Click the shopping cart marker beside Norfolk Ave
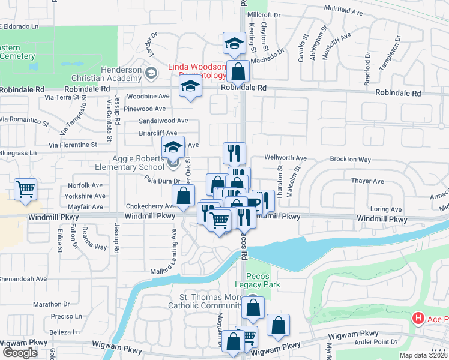[x=26, y=190]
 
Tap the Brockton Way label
[x=350, y=160]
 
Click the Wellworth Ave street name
[x=286, y=158]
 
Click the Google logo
[x=19, y=353]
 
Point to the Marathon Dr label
[x=52, y=304]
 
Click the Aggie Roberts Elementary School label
[x=129, y=163]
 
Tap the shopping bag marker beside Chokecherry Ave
[x=183, y=195]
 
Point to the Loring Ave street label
[x=385, y=209]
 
